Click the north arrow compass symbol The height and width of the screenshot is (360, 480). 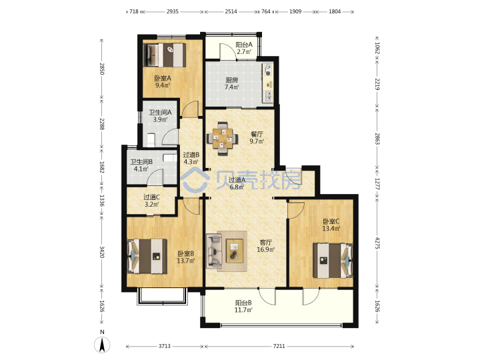102,345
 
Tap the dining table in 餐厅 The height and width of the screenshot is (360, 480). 223,139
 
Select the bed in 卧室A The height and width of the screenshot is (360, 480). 165,55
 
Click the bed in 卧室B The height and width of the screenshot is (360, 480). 147,256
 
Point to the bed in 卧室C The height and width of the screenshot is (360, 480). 333,261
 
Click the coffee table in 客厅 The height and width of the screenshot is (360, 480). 235,251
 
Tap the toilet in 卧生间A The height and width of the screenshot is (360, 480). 151,139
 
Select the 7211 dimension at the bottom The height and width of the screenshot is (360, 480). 279,346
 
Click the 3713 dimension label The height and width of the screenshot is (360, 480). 165,346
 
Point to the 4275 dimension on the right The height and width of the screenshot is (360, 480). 377,243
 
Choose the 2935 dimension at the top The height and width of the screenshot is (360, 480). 173,11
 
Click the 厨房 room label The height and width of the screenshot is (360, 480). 232,80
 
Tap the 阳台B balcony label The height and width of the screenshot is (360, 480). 243,303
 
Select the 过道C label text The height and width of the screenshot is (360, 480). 151,197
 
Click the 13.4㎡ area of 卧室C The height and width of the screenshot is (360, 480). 331,229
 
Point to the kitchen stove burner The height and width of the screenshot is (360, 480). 268,73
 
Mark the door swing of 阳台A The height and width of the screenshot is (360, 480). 227,51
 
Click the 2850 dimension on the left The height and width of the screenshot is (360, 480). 102,69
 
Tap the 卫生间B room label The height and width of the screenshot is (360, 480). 141,162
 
